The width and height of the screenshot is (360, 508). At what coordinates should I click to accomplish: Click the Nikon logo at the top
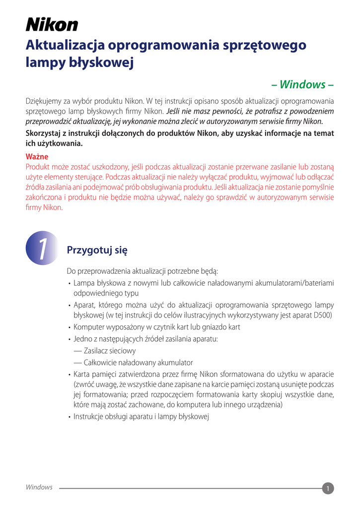click(x=52, y=24)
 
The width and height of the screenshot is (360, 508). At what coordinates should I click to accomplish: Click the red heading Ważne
click(x=37, y=157)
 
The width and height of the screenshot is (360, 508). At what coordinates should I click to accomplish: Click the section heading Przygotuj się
click(x=97, y=250)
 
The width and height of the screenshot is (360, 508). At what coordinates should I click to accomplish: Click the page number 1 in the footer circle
click(x=328, y=489)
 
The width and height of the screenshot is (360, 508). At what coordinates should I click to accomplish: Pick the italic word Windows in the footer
click(x=39, y=487)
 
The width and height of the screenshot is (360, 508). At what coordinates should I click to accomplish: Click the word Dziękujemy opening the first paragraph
click(x=44, y=101)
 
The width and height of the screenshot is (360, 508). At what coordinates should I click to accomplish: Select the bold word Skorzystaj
click(x=45, y=133)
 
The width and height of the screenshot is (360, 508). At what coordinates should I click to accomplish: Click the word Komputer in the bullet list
click(x=89, y=327)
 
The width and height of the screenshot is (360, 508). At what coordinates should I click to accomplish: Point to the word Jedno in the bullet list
click(x=82, y=339)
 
